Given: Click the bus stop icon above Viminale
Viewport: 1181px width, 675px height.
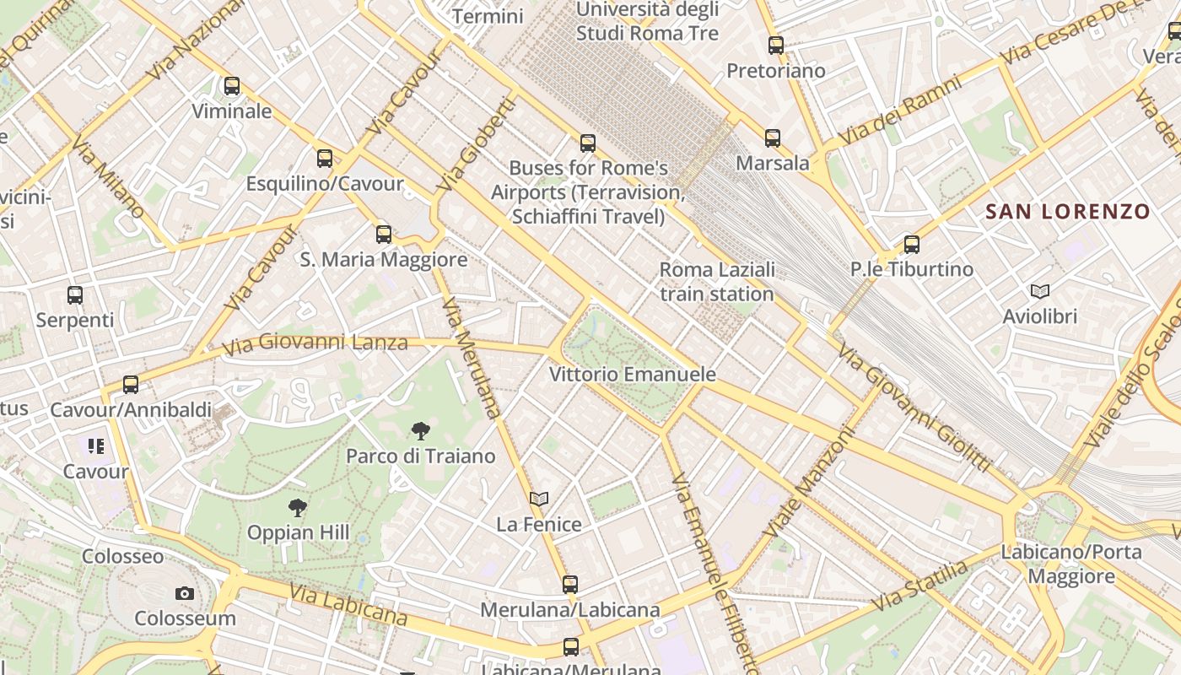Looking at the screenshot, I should (x=232, y=86).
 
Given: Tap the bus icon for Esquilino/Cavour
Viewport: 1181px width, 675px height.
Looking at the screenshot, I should (x=325, y=159).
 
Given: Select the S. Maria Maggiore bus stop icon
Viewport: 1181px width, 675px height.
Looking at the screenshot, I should (x=384, y=235).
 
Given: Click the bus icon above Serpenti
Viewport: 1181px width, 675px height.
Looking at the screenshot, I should (x=75, y=295).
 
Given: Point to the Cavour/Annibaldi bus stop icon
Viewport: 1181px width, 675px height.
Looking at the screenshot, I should (x=131, y=385).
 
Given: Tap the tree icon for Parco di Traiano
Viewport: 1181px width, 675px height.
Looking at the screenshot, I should (x=420, y=432).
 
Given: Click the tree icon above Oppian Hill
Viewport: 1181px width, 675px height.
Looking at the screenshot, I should (x=297, y=508).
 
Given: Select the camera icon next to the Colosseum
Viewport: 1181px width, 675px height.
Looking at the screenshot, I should (x=185, y=594).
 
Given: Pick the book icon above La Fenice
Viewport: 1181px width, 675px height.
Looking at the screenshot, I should (x=539, y=499).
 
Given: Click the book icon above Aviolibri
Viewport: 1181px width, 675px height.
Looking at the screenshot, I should (x=1040, y=292).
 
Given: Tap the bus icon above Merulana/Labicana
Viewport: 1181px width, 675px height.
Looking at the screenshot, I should (x=570, y=584).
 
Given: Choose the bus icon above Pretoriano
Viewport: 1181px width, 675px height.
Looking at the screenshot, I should (x=776, y=46).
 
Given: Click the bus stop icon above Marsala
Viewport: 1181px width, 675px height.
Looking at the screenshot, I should (x=773, y=138).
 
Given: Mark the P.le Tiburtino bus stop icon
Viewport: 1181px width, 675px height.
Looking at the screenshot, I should (x=912, y=245).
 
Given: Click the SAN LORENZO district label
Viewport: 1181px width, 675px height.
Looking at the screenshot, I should (x=1068, y=212).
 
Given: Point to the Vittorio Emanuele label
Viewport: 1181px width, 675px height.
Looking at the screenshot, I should (x=633, y=374).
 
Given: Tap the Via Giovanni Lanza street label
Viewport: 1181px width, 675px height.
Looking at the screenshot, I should (x=315, y=344).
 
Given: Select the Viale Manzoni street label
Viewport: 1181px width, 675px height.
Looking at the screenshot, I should (x=809, y=483).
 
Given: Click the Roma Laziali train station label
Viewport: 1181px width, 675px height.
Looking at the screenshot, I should (x=717, y=282).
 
